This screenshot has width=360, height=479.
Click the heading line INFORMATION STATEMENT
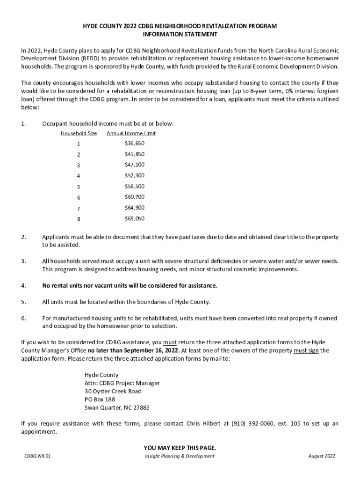180,35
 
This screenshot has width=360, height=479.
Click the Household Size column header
79,133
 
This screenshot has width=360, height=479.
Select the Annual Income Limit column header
131,133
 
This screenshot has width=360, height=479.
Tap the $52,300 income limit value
135,175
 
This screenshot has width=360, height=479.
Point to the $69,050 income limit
135,218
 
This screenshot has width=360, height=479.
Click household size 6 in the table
79,198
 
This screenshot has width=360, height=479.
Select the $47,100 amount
135,165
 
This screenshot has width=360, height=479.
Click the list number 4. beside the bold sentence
23,285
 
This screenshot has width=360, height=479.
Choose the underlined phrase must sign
306,350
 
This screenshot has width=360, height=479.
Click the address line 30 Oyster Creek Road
113,391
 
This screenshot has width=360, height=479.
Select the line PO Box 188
100,399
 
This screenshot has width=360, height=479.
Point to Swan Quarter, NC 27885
117,407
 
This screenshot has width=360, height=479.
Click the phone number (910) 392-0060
252,424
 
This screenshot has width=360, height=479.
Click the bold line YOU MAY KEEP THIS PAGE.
180,448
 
